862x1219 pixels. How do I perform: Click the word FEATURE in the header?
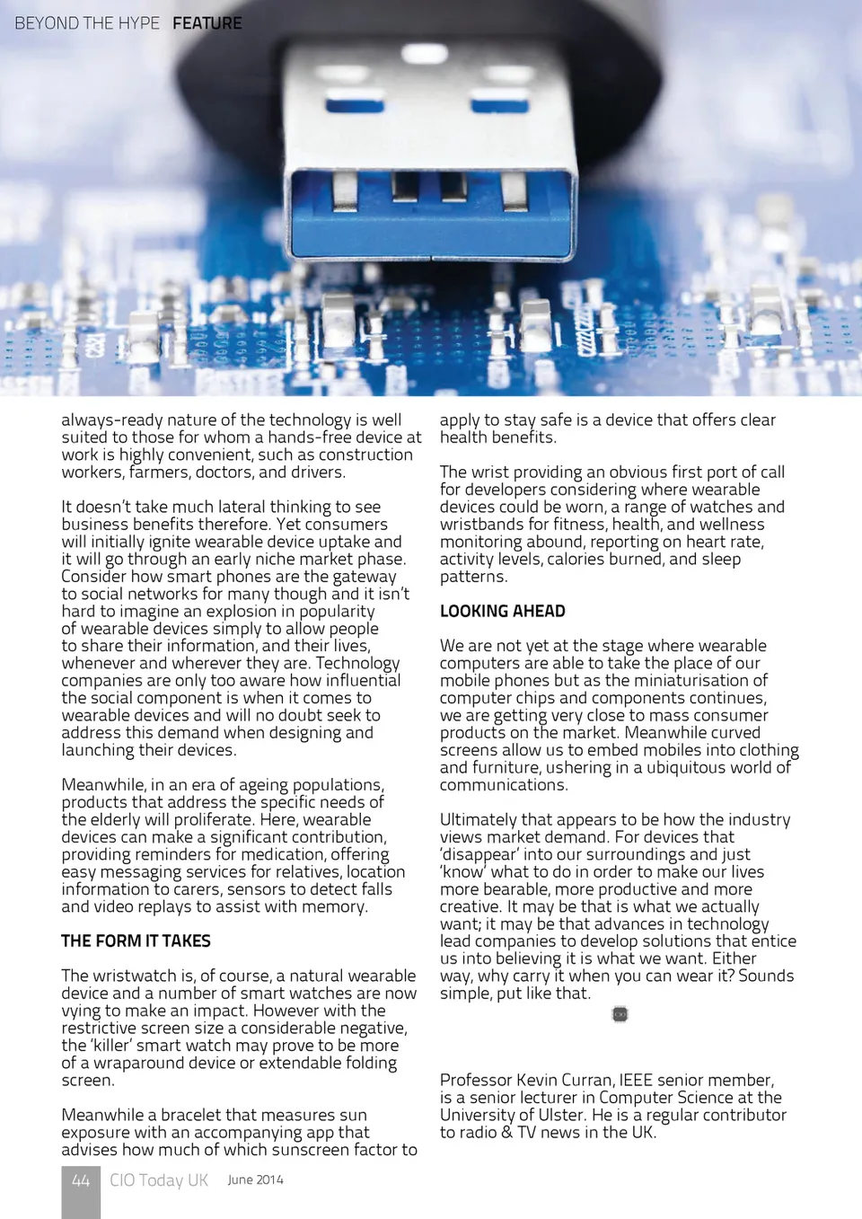click(207, 23)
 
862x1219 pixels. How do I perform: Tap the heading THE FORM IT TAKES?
click(136, 941)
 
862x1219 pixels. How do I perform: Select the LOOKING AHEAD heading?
click(502, 611)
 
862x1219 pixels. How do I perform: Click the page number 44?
click(81, 1180)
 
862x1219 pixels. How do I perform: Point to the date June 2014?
click(255, 1179)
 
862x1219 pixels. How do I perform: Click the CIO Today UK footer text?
click(159, 1180)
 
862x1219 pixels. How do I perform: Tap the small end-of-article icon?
click(620, 1014)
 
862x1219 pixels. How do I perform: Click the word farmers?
click(158, 473)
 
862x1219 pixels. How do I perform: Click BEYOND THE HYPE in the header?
click(87, 23)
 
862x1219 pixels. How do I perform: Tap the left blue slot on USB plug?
click(355, 104)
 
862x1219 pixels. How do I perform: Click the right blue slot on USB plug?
click(500, 104)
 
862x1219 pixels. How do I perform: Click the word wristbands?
click(480, 525)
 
